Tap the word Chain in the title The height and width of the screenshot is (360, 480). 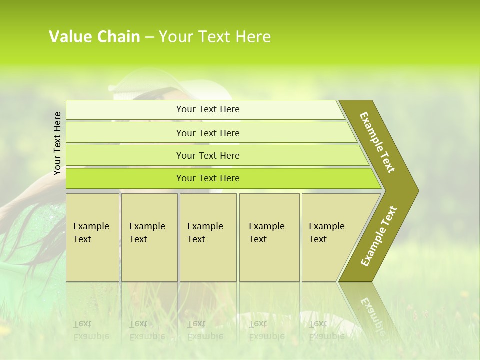119,37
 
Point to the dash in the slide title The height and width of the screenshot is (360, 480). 149,37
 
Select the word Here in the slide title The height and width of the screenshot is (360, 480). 253,37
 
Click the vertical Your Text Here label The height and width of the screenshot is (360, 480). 57,143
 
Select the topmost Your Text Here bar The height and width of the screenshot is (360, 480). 207,109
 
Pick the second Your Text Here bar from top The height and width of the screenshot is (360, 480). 207,133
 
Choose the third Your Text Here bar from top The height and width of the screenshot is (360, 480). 207,155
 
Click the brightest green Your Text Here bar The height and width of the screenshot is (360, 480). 207,178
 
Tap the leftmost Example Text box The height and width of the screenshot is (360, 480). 92,237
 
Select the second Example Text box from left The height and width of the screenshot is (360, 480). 149,237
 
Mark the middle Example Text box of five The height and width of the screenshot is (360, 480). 208,237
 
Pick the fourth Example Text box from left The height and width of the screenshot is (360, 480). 269,237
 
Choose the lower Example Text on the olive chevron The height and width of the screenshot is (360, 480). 379,236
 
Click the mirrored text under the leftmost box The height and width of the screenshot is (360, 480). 91,330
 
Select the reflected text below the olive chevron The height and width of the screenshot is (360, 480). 373,310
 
